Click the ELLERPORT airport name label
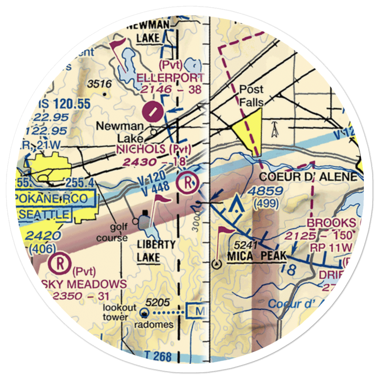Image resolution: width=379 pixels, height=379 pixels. [170, 78]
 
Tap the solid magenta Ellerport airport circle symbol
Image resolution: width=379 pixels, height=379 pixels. [152, 111]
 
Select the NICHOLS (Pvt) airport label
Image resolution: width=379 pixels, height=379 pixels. [154, 149]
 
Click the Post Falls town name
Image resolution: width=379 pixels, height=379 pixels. [251, 96]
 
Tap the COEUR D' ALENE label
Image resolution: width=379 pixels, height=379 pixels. [309, 177]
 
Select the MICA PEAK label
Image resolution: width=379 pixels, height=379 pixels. [257, 257]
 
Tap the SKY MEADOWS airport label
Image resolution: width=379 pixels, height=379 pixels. [87, 284]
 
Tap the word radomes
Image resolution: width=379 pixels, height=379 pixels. [155, 324]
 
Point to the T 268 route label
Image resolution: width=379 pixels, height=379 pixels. [158, 356]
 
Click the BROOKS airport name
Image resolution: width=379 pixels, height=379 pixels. [332, 223]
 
